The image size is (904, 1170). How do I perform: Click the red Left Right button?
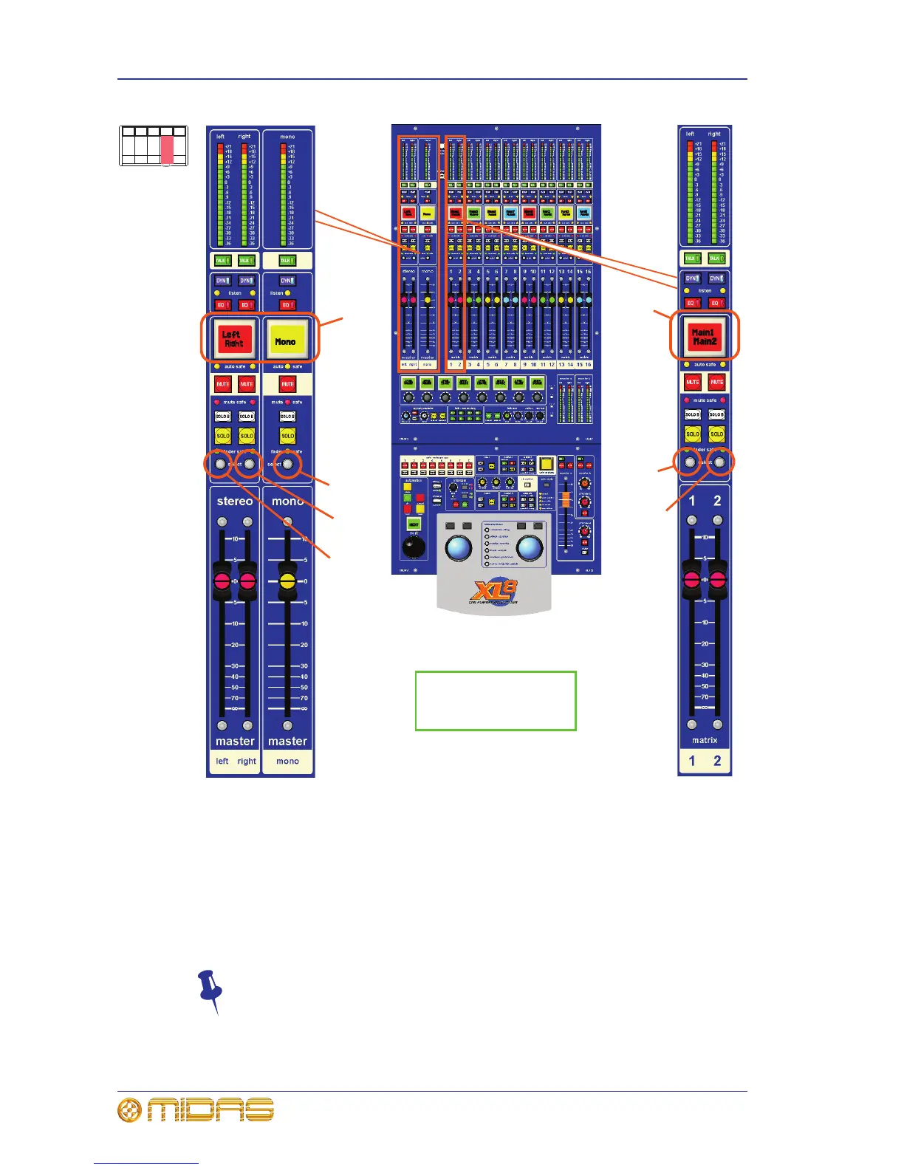coord(233,339)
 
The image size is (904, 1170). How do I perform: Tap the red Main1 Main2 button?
coord(704,337)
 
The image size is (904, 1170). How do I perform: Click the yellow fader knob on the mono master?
coord(287,581)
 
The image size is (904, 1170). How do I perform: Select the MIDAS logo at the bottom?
coord(196,1110)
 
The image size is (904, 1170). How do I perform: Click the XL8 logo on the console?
coord(494,591)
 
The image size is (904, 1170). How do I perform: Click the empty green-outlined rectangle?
coord(496,701)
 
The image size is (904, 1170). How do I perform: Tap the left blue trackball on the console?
coord(459,549)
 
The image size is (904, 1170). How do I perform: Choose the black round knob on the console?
coord(414,547)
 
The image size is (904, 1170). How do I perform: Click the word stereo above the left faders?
coord(235,501)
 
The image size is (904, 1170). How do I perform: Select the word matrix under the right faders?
coord(705,740)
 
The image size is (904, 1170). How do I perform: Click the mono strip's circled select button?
coord(287,465)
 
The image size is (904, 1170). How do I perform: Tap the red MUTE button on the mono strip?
coord(287,384)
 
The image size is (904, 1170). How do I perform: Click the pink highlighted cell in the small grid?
coord(167,149)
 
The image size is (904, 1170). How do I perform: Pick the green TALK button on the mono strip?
coord(287,261)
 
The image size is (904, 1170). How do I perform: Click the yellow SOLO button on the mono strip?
coord(287,436)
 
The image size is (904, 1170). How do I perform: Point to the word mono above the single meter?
coord(287,137)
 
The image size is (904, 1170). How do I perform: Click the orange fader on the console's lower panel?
coord(566,500)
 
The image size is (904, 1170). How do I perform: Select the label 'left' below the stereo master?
coord(222,761)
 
